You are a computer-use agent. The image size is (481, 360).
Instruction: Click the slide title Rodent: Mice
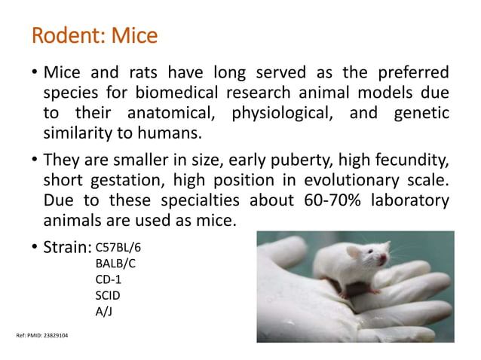(x=94, y=35)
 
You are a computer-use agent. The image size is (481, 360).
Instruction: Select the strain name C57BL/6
(x=116, y=247)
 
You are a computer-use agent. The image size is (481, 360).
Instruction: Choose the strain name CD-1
(x=109, y=279)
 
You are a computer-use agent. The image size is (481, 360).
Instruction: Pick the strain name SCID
(x=108, y=295)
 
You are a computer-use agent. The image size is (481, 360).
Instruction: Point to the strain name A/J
(x=104, y=311)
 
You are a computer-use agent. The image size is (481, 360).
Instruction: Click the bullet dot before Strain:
(x=35, y=247)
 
